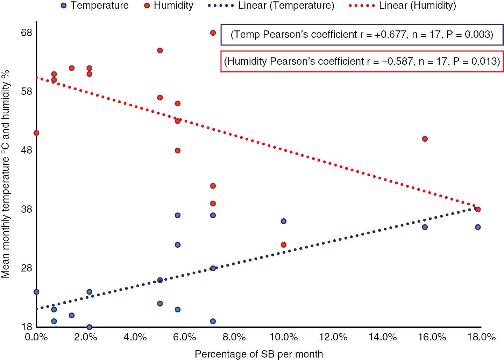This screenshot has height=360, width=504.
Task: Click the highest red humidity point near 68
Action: pos(213,33)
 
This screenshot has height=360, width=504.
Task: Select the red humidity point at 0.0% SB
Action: pos(36,133)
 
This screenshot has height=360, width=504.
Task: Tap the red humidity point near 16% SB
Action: pos(425,139)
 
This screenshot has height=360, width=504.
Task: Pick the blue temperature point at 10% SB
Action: pos(283,221)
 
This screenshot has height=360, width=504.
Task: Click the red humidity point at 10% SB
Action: pos(283,245)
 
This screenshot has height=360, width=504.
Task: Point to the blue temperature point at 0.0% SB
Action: pos(36,292)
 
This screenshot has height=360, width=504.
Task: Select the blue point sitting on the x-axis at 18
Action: pos(89,327)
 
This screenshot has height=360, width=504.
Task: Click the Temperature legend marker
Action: pos(64,6)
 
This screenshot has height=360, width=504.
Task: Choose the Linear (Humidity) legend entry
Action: pos(402,6)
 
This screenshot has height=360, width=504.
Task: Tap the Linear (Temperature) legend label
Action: pos(286,6)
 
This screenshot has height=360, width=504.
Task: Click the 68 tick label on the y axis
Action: pos(27,33)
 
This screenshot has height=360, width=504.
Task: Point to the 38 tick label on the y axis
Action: pos(27,209)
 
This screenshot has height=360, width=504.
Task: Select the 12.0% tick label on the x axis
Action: pos(333,337)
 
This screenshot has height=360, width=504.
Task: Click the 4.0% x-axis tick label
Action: pos(135,337)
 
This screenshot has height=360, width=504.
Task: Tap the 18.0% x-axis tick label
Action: pos(482,337)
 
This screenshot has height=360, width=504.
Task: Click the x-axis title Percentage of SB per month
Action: pos(259,354)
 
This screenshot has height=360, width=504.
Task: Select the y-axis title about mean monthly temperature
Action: pos(6,174)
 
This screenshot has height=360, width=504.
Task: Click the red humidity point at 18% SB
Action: pos(478,210)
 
